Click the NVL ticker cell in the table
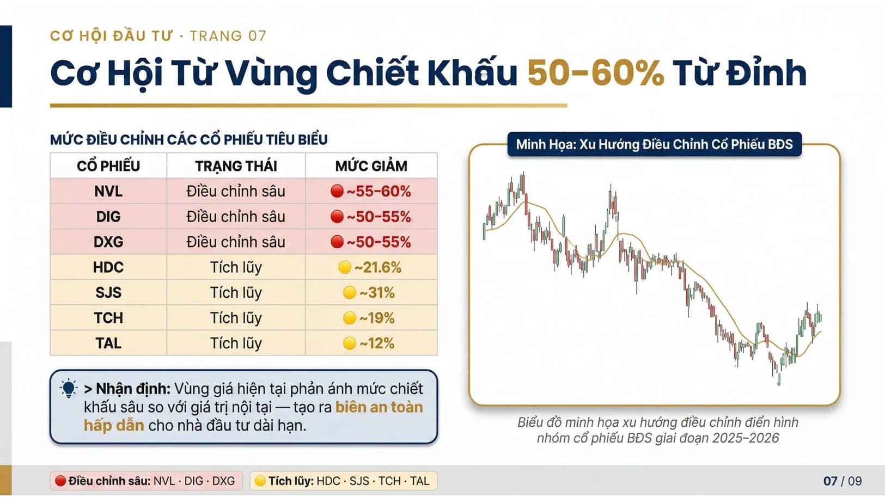click(108, 192)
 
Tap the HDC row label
click(108, 267)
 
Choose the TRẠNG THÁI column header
click(236, 166)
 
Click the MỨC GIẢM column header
click(371, 166)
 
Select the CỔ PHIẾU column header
click(108, 166)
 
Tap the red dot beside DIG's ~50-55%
click(337, 216)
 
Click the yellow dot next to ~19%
click(349, 318)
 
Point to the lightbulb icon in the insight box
click(69, 389)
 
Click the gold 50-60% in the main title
click(595, 73)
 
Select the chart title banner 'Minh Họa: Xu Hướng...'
click(654, 144)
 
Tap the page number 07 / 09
click(843, 481)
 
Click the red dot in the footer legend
click(60, 481)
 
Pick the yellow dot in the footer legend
click(260, 481)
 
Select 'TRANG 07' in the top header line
click(228, 36)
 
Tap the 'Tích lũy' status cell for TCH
click(236, 318)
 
